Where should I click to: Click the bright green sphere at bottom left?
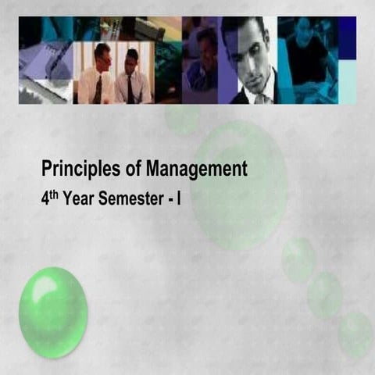tap(53, 312)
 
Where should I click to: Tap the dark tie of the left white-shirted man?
tap(99, 88)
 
